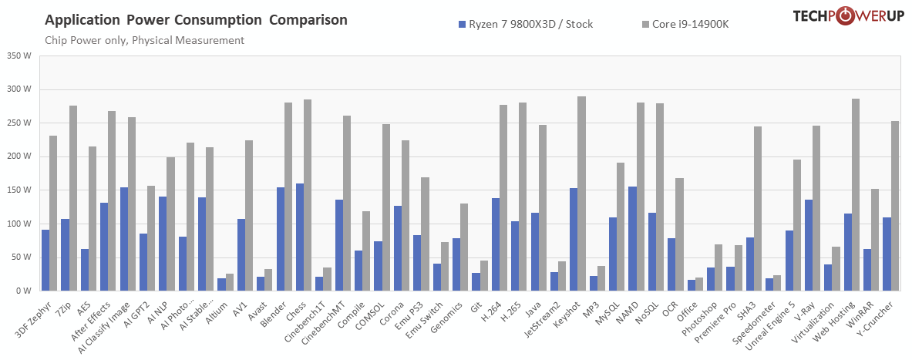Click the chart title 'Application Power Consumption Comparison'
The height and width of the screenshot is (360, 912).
click(x=196, y=19)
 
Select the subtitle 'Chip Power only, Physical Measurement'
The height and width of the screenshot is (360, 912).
click(x=145, y=40)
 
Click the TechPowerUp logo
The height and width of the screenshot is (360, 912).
click(x=847, y=17)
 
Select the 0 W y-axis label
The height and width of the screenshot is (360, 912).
click(x=22, y=291)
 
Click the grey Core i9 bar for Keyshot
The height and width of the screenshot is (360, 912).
click(x=581, y=193)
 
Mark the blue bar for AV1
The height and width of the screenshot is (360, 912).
click(x=241, y=254)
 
